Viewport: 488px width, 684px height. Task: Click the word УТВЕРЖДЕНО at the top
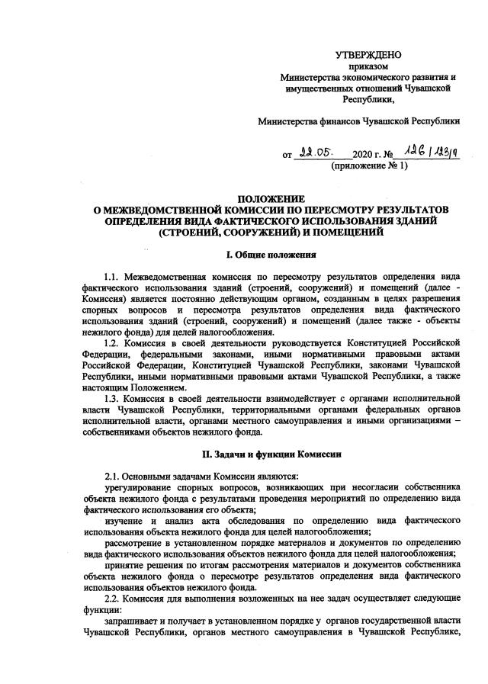pyautogui.click(x=369, y=54)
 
